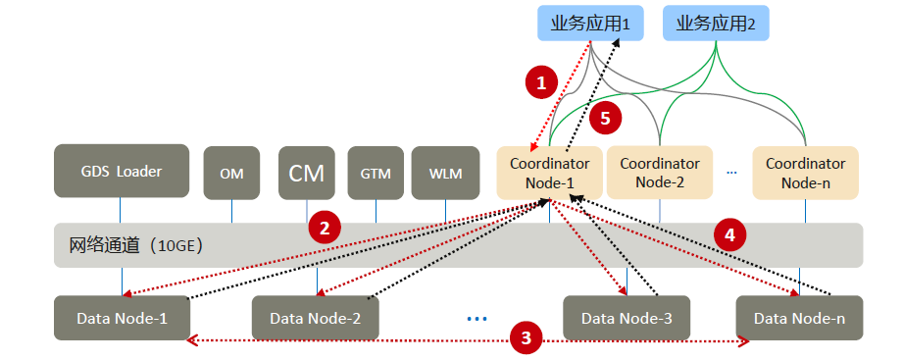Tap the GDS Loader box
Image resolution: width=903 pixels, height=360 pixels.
pos(122,172)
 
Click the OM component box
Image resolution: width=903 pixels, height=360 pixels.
pos(231,174)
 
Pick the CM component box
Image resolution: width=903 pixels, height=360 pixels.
pos(307,174)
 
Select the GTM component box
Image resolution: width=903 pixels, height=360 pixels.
pos(376,174)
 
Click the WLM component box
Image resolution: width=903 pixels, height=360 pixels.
pos(445,174)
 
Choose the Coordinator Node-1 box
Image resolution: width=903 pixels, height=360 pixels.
pos(549,173)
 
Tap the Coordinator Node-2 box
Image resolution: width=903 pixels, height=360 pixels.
pos(660,173)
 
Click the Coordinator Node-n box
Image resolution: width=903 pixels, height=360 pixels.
pos(805,173)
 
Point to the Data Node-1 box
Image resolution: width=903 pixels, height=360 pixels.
pos(122,318)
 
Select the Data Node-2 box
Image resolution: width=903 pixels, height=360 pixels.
pos(316,318)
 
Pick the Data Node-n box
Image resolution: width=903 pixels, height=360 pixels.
pos(800,318)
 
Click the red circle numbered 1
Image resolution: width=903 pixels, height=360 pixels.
pos(540,82)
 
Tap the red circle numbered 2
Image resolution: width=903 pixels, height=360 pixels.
pos(325,229)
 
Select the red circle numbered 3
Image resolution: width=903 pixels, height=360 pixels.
pos(527,338)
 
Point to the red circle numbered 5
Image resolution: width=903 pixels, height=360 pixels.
pos(605,118)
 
